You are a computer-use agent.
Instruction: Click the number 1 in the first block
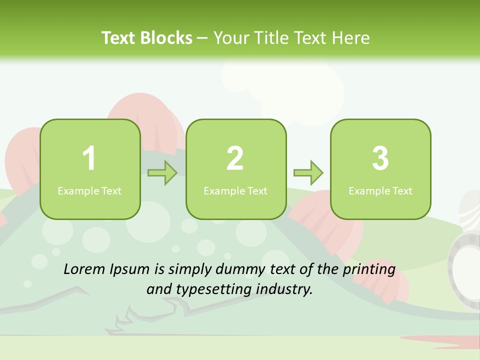coord(89,158)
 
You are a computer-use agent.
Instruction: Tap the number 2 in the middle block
coord(235,158)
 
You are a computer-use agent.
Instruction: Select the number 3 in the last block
coord(380,158)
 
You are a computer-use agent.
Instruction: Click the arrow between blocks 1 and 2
coord(162,173)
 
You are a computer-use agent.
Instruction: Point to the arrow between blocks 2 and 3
coord(308,173)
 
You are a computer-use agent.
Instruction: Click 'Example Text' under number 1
coord(89,190)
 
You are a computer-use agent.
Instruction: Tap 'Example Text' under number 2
coord(235,190)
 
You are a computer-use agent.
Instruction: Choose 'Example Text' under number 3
coord(380,190)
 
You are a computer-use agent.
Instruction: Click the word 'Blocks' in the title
coord(167,38)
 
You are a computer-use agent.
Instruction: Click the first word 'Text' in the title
coord(119,38)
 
